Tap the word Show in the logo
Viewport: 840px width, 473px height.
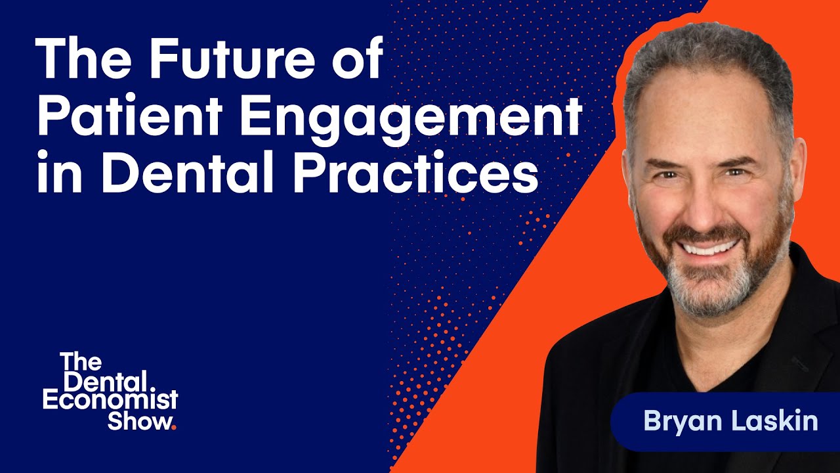(x=138, y=420)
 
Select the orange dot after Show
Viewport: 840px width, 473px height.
(x=173, y=427)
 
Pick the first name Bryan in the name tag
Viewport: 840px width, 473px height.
(x=675, y=421)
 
